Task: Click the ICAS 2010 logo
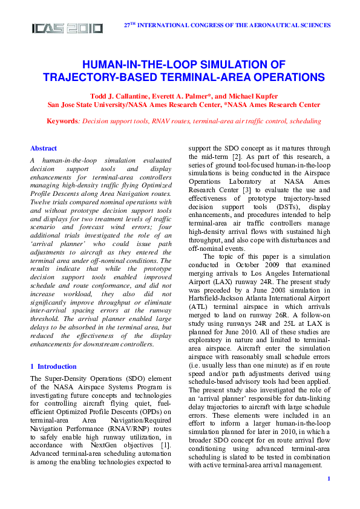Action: point(67,28)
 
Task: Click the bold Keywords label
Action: point(62,121)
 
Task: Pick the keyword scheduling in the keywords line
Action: point(306,121)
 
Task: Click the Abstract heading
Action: point(44,148)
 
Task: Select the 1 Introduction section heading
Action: point(53,366)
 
